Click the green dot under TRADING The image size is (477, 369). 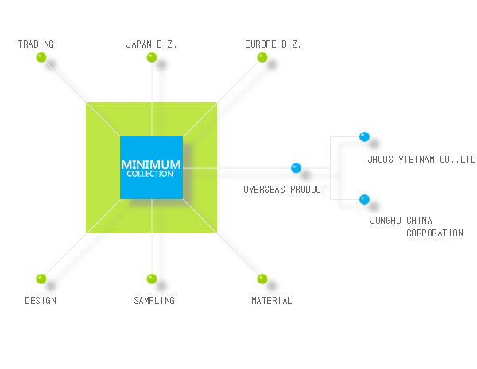pos(41,57)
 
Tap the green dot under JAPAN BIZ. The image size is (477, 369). pos(152,57)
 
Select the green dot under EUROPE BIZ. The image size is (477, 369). pos(262,57)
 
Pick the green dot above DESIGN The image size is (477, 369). pos(41,279)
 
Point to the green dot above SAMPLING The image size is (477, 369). pos(152,279)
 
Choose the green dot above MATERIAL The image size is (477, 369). pos(262,279)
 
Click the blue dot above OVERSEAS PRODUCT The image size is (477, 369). pos(296,168)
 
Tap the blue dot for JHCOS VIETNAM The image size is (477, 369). pos(364,137)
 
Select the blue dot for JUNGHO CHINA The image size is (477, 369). pos(364,199)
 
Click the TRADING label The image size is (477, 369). pos(36,44)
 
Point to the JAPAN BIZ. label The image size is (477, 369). pos(151,44)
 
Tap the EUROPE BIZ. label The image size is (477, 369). pos(273,44)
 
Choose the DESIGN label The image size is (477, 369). pos(41,301)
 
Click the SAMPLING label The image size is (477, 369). pos(154,301)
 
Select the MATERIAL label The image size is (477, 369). pos(272,301)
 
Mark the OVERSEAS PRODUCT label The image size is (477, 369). pos(285,190)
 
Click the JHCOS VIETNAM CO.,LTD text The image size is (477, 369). pos(421,160)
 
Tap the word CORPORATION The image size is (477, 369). pos(435,233)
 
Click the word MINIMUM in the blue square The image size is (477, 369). pos(151,165)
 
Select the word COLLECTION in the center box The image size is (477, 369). pos(150,174)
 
